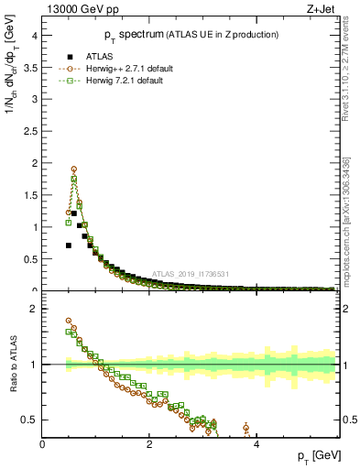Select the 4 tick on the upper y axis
click(34, 36)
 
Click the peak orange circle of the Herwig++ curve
click(74, 169)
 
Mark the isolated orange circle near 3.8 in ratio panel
click(245, 428)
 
